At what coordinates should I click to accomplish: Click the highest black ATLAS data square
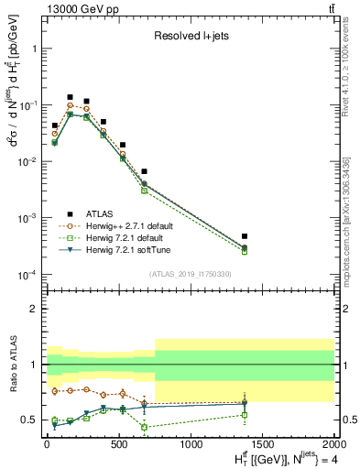70,97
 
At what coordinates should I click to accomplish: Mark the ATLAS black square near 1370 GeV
244,236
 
